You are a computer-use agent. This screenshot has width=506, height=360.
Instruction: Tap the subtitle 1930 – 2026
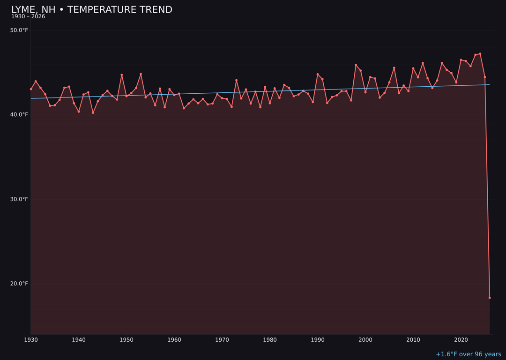pos(28,17)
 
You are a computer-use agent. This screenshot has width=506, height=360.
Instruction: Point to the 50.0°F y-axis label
pos(19,30)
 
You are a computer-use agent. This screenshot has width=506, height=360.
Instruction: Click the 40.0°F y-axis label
pos(19,115)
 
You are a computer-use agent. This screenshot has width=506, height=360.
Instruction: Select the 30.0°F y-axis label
pos(19,199)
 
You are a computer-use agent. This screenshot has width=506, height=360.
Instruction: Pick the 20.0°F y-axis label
pos(19,284)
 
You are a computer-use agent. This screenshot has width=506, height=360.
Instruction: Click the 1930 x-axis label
pos(31,340)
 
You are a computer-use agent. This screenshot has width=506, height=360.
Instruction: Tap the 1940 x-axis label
pos(79,340)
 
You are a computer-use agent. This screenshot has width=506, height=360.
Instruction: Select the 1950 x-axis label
pos(126,340)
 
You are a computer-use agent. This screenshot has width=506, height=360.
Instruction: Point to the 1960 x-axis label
pos(174,340)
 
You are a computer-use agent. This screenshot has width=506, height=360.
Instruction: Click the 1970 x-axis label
pos(222,340)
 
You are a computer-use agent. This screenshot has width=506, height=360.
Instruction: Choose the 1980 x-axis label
pos(270,340)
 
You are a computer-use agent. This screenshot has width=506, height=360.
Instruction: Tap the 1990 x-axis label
pos(318,340)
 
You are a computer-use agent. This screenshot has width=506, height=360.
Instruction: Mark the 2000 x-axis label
pos(365,340)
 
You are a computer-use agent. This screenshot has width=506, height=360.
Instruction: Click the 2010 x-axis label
pos(413,340)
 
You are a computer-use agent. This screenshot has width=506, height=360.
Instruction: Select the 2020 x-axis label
pos(461,340)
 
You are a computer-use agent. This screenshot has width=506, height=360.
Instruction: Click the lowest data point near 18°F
pos(490,298)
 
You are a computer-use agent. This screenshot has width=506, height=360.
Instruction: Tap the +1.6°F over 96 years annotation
pos(468,354)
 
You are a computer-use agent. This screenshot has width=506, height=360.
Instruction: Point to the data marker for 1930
pos(31,89)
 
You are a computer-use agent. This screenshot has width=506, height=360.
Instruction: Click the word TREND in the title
pos(154,10)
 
